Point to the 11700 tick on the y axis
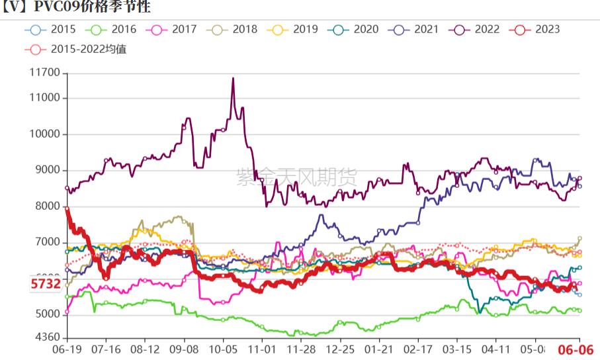coord(44,73)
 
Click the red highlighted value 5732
coord(46,285)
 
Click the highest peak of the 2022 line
coord(233,78)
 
